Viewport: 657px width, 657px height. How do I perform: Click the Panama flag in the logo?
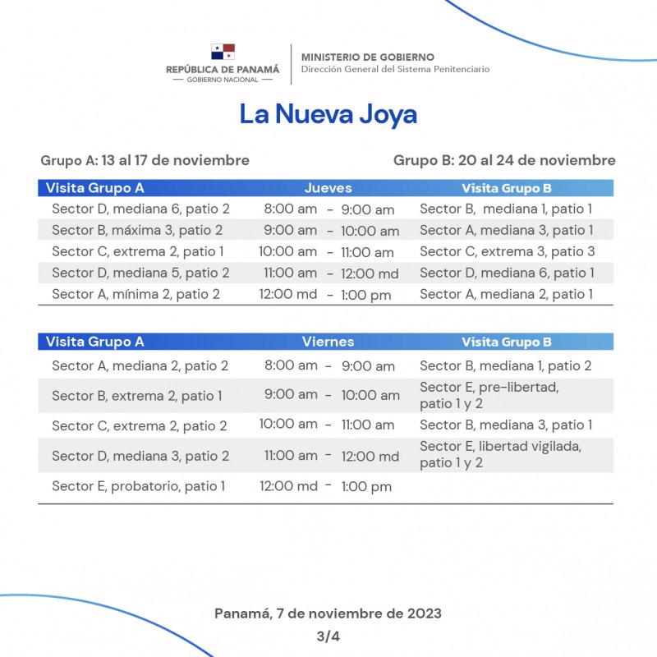[x=223, y=53]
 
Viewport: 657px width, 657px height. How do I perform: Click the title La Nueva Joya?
[x=328, y=114]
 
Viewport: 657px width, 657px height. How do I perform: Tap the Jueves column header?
[x=328, y=188]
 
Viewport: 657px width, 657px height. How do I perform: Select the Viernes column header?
[x=328, y=342]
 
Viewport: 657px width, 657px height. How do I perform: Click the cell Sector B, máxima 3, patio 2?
[x=137, y=231]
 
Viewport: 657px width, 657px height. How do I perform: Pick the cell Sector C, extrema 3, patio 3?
[x=507, y=251]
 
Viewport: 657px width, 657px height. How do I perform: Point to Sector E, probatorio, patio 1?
[x=138, y=486]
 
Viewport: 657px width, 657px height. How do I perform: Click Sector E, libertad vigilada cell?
[x=500, y=454]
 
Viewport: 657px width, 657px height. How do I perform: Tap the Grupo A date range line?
[x=145, y=160]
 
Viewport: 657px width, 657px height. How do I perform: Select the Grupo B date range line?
[x=504, y=160]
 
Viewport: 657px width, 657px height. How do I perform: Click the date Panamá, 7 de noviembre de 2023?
[x=328, y=613]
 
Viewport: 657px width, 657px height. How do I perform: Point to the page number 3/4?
[x=328, y=636]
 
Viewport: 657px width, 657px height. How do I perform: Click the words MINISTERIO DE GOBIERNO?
[x=367, y=57]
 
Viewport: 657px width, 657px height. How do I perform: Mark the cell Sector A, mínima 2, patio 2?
[x=136, y=294]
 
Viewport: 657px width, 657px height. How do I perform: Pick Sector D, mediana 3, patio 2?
[x=140, y=456]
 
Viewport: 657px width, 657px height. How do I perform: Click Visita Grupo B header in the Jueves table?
[x=506, y=188]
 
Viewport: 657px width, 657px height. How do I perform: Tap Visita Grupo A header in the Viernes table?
[x=94, y=342]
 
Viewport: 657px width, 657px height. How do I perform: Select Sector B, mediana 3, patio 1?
[x=506, y=425]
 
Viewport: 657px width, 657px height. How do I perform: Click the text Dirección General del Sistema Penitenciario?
[x=395, y=70]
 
